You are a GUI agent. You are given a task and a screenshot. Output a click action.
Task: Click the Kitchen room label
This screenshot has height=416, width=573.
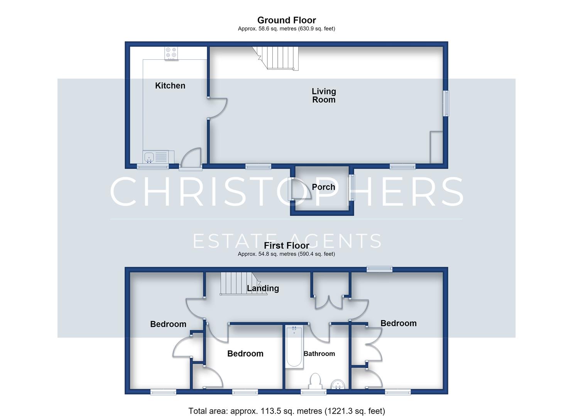pyautogui.click(x=170, y=86)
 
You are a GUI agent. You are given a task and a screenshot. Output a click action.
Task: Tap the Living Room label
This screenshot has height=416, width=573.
pyautogui.click(x=324, y=95)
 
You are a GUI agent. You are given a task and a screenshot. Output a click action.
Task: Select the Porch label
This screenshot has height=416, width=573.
pyautogui.click(x=323, y=187)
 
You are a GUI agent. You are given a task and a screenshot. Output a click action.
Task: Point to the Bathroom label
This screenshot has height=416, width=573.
pyautogui.click(x=319, y=354)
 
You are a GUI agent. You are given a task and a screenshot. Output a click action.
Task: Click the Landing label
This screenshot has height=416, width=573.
pyautogui.click(x=263, y=289)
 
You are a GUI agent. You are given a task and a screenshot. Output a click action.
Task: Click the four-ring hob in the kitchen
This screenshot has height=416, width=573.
pyautogui.click(x=171, y=54)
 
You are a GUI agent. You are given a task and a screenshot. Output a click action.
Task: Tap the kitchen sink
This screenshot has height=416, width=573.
pyautogui.click(x=149, y=157)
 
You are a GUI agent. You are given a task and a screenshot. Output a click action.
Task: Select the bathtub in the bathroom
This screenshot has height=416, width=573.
pyautogui.click(x=294, y=347)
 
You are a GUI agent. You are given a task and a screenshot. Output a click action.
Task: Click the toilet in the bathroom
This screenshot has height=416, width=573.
pyautogui.click(x=315, y=381)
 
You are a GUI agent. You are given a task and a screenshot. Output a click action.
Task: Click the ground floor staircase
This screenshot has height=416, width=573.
pyautogui.click(x=276, y=58)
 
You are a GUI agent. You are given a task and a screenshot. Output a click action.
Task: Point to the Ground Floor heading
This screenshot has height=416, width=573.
pyautogui.click(x=286, y=20)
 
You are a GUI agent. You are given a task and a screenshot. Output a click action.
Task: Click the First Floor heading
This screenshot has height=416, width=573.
pyautogui.click(x=286, y=245)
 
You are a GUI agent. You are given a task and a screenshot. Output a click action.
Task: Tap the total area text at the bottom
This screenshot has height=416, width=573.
pyautogui.click(x=286, y=411)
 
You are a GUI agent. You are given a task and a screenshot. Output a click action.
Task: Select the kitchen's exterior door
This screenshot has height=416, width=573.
pyautogui.click(x=191, y=159)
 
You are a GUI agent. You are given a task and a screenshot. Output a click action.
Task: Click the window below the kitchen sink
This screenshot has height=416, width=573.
pyautogui.click(x=153, y=167)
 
